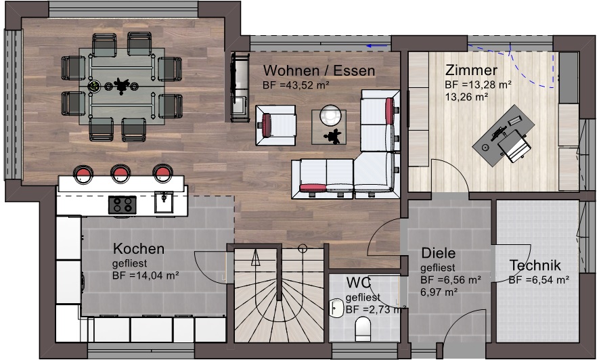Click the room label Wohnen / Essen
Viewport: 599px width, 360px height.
click(x=319, y=70)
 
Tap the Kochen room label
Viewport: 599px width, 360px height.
click(x=139, y=248)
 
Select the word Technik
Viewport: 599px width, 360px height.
click(x=535, y=265)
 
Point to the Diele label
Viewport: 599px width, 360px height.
click(x=438, y=253)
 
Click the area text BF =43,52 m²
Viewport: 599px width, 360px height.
click(x=296, y=85)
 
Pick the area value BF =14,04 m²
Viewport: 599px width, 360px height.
click(x=146, y=275)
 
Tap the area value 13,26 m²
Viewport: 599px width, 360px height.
click(x=466, y=97)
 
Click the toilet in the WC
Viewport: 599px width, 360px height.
click(x=363, y=328)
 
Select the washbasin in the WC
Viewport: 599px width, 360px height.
click(x=336, y=308)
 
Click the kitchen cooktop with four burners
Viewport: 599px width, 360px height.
click(x=123, y=205)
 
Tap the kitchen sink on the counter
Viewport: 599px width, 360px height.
click(x=164, y=202)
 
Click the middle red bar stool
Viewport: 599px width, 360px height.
click(x=120, y=173)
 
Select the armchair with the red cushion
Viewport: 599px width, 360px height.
click(x=275, y=125)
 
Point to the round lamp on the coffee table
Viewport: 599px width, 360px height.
click(x=330, y=115)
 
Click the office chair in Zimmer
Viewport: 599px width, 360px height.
click(x=514, y=146)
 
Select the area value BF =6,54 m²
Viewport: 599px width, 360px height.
click(x=539, y=280)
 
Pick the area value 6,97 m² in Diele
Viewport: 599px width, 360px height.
click(x=439, y=292)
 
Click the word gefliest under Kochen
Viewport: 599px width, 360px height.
click(x=129, y=263)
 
